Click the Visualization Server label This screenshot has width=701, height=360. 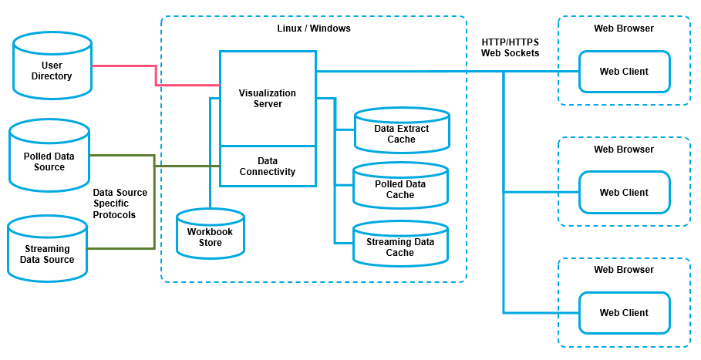coord(268,98)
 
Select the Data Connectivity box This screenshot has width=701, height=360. coord(268,167)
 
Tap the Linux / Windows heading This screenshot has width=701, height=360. coord(313,29)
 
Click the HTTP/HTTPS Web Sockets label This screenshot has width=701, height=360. coord(510,48)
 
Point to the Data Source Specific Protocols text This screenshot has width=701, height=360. coord(120,204)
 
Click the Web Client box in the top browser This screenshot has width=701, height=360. coord(624,72)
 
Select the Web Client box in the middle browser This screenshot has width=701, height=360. coord(624,193)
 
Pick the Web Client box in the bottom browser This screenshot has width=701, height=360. coord(624,313)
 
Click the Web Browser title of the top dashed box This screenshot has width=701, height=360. coord(623,29)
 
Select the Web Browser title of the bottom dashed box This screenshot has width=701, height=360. coord(623,270)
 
